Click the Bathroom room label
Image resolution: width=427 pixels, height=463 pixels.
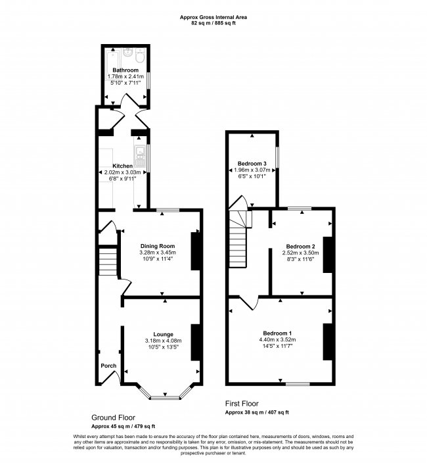(125, 70)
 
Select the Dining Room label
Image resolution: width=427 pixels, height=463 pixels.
(156, 246)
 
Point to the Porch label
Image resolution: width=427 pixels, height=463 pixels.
(108, 366)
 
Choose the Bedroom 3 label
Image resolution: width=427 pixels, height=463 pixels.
(252, 163)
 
